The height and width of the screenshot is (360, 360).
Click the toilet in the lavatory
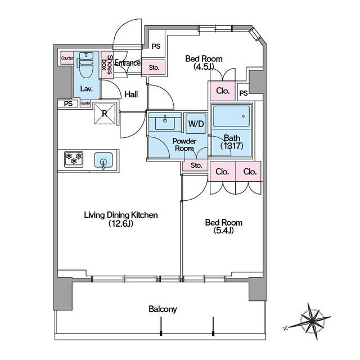tap(85, 66)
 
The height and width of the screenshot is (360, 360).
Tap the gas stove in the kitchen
tap(74, 159)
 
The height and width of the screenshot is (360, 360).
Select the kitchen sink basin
tap(103, 160)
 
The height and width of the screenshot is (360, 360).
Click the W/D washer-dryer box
tap(196, 124)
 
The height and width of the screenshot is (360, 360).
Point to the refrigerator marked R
tap(105, 114)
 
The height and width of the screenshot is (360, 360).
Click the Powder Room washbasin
tap(165, 123)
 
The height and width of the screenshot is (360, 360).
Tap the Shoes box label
tap(107, 65)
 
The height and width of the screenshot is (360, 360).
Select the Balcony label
tap(163, 309)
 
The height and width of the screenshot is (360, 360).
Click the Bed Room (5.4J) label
tap(224, 226)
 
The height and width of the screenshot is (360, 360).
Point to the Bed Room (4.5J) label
tap(204, 62)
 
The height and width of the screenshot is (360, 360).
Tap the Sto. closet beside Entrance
tap(154, 67)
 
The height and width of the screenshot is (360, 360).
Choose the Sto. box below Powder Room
tap(196, 165)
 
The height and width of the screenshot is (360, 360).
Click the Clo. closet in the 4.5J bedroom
tap(223, 91)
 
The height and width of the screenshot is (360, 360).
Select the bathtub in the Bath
tap(231, 116)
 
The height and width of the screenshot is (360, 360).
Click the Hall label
tap(131, 94)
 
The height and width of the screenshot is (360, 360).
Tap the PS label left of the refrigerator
tap(68, 103)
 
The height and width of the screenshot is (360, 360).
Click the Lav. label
tap(86, 89)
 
